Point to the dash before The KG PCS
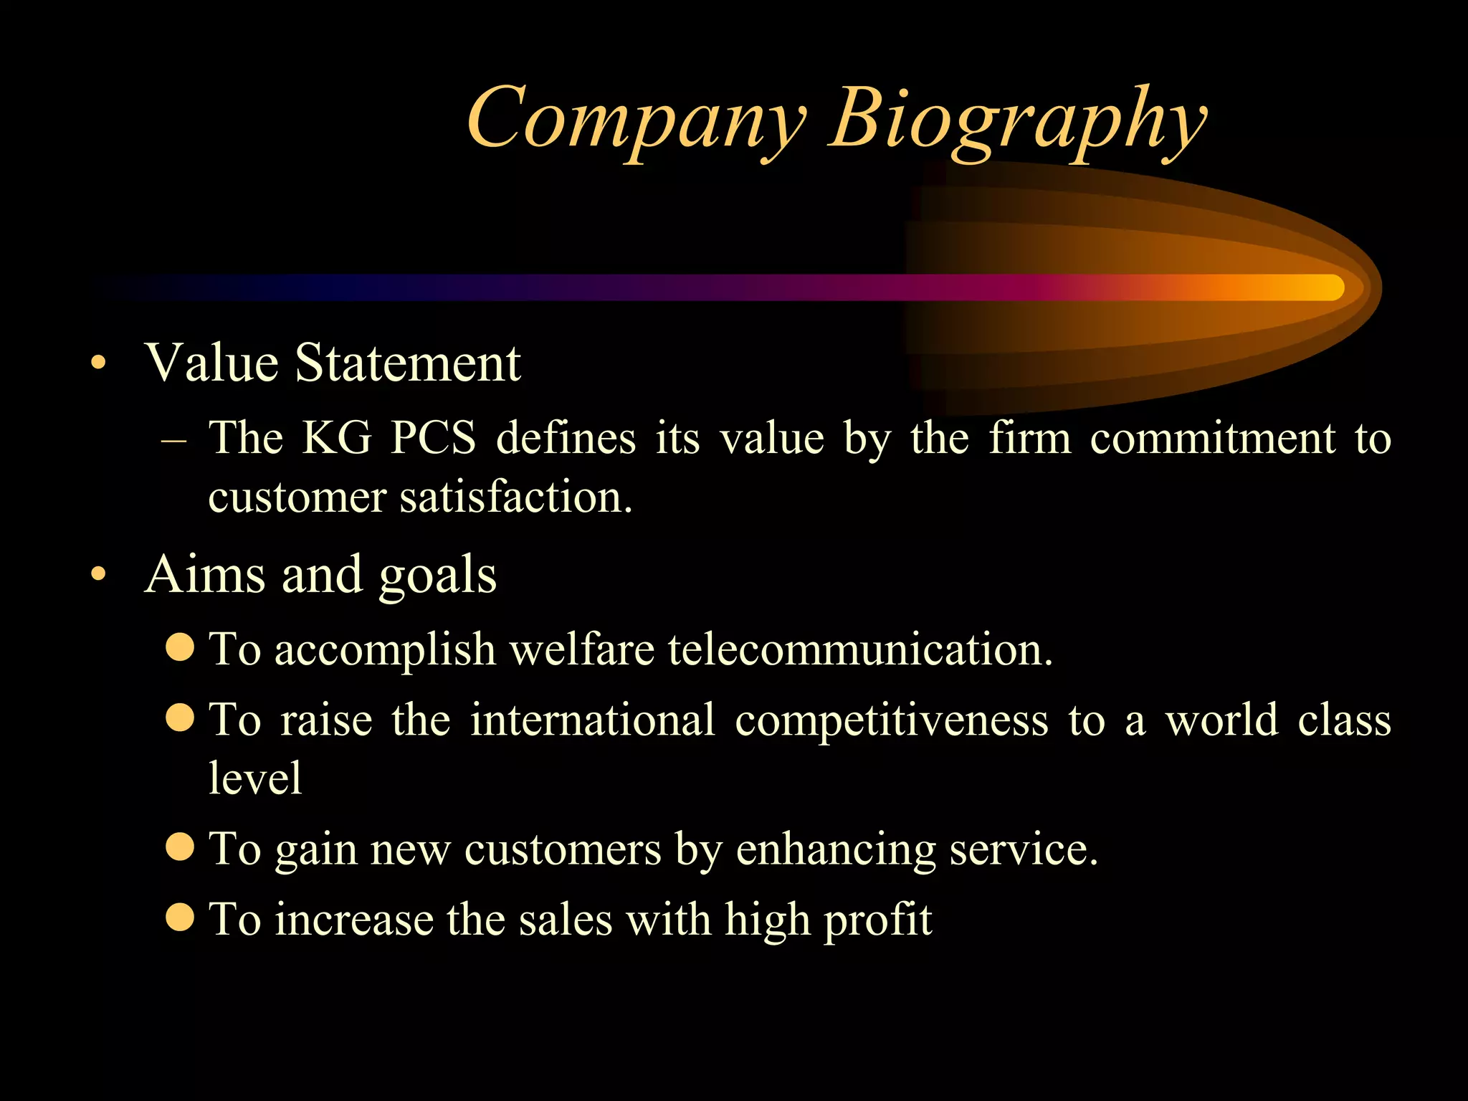click(x=174, y=439)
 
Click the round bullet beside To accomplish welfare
click(x=180, y=647)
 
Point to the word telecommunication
click(x=860, y=649)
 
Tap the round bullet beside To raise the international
click(x=180, y=717)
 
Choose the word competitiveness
click(x=892, y=720)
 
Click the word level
click(x=255, y=778)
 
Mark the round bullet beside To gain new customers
click(x=180, y=846)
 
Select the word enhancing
click(x=836, y=850)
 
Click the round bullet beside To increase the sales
click(x=180, y=916)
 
